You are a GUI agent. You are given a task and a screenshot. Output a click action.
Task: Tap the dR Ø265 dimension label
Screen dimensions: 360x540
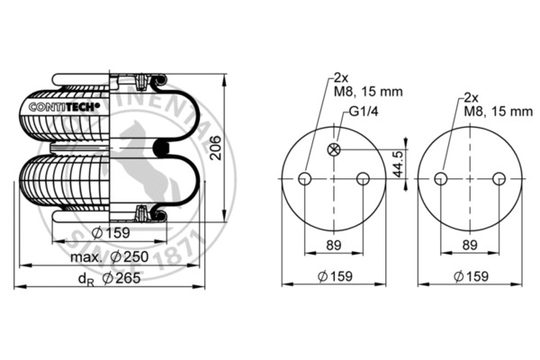tap(107, 280)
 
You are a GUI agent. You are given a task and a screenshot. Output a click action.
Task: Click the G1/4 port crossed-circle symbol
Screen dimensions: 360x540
tap(335, 149)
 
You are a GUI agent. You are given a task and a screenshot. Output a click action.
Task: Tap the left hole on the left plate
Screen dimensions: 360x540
tap(306, 178)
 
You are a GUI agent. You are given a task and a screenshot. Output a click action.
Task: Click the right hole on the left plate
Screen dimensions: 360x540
tap(363, 178)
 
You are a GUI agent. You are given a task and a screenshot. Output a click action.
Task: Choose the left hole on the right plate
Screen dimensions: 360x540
tap(440, 178)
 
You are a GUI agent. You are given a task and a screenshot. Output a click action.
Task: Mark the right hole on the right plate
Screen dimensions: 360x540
tap(497, 178)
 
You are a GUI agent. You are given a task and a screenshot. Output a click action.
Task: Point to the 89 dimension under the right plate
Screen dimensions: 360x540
tap(468, 243)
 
